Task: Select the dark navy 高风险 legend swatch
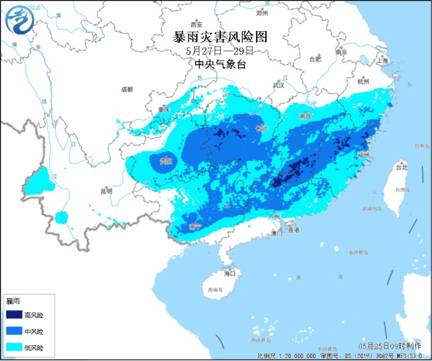tap(14, 315)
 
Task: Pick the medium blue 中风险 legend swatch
tap(14, 331)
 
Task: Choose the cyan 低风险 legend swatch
tap(14, 347)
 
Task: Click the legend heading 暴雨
tap(13, 301)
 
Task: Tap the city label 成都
tap(126, 89)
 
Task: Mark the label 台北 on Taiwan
tap(401, 167)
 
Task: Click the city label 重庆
tap(164, 109)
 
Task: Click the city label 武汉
tap(278, 86)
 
